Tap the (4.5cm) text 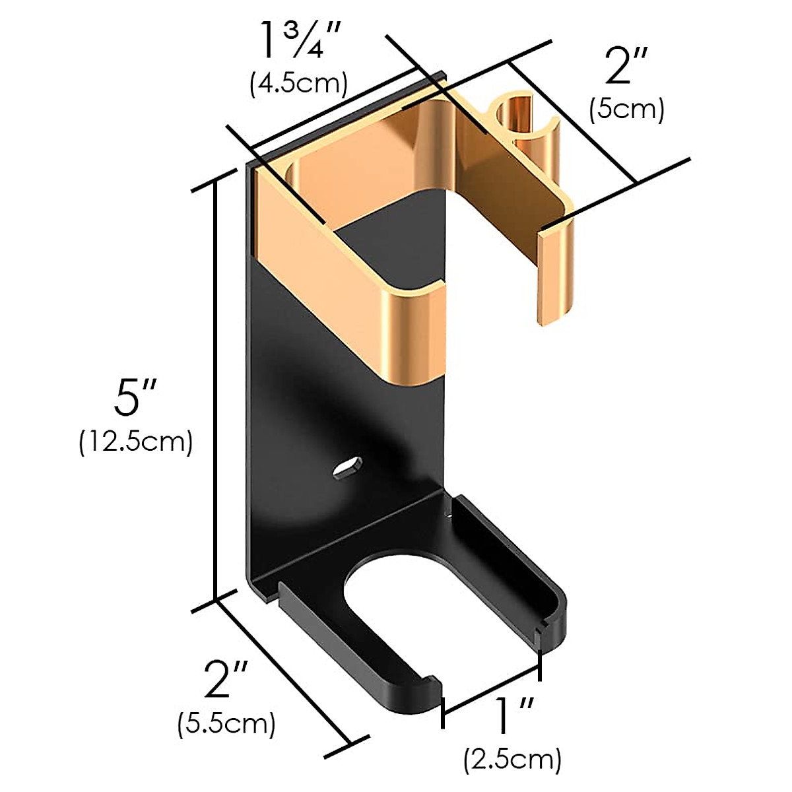pyautogui.click(x=299, y=84)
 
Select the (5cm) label pyautogui.click(x=627, y=110)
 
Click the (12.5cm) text pyautogui.click(x=136, y=443)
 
